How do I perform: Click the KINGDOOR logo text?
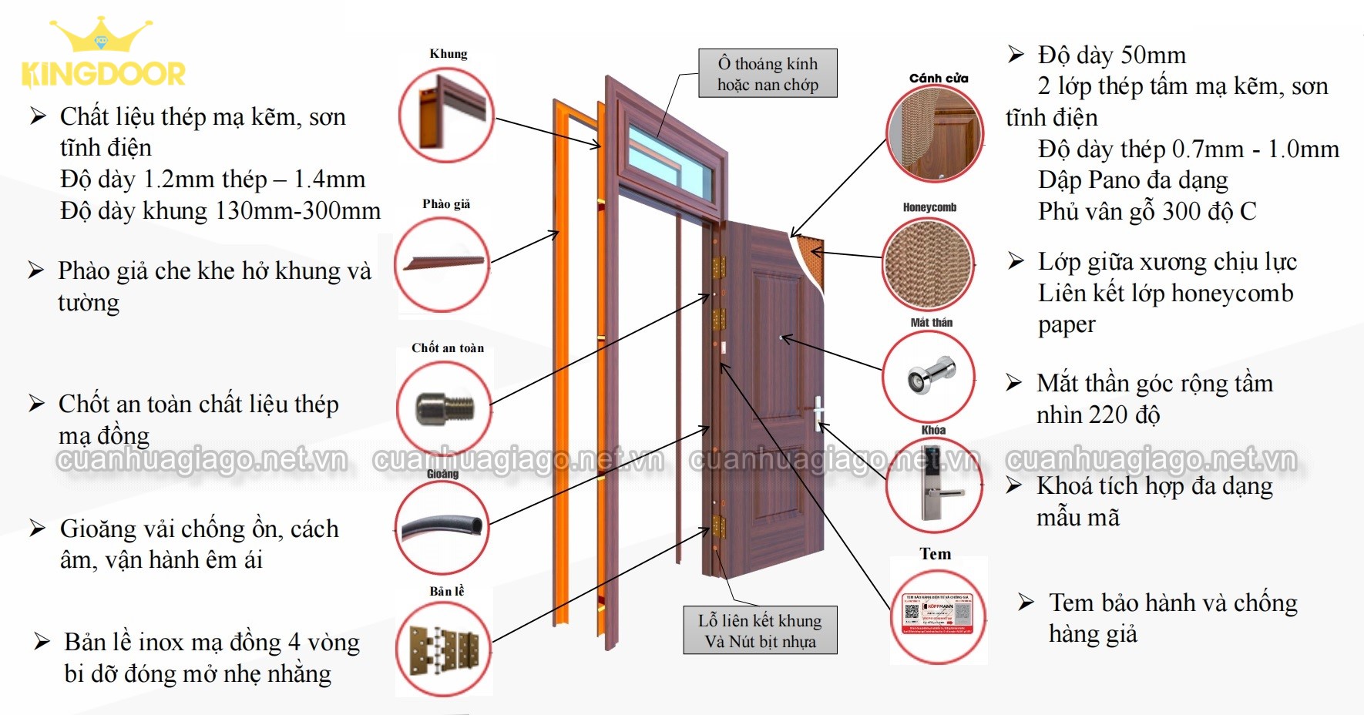pos(103,75)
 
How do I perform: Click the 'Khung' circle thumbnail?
pos(445,114)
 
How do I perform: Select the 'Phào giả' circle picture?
pos(442,264)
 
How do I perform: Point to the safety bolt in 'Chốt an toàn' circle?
pos(443,408)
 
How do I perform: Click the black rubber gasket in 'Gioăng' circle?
pos(442,527)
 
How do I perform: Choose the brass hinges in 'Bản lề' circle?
pos(444,649)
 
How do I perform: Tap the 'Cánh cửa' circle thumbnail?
pos(935,133)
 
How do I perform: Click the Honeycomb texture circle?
pos(928,264)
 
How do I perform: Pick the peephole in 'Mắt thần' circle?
pos(929,377)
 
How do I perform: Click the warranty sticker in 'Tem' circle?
pos(939,614)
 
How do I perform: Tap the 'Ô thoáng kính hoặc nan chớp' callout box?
pos(768,74)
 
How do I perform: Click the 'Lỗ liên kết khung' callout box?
pos(760,630)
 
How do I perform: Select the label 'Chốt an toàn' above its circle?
pos(448,348)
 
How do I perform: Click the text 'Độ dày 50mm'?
pos(1111,55)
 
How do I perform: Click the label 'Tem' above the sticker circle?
pos(935,554)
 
